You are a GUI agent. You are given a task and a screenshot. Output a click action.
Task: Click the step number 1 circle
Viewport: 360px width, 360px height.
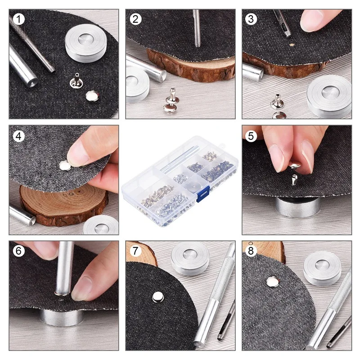coord(18,19)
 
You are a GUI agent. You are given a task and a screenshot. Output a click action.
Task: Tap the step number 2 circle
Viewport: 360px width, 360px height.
coord(135,19)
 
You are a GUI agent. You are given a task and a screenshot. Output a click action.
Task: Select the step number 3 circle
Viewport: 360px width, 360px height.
coord(252,19)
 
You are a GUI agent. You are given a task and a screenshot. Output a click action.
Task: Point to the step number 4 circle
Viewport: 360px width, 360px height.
coord(18,135)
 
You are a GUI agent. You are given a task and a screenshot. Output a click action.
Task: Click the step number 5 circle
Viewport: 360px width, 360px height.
coord(252,135)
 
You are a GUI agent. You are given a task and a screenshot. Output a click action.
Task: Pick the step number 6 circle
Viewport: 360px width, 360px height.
coord(18,251)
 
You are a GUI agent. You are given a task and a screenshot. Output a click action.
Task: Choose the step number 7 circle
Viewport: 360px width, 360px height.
coord(135,251)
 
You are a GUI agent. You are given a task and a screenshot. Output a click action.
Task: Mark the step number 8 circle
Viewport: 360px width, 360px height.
coord(252,251)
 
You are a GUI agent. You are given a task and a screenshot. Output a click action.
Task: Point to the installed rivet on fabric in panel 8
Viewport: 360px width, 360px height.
coord(273,282)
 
